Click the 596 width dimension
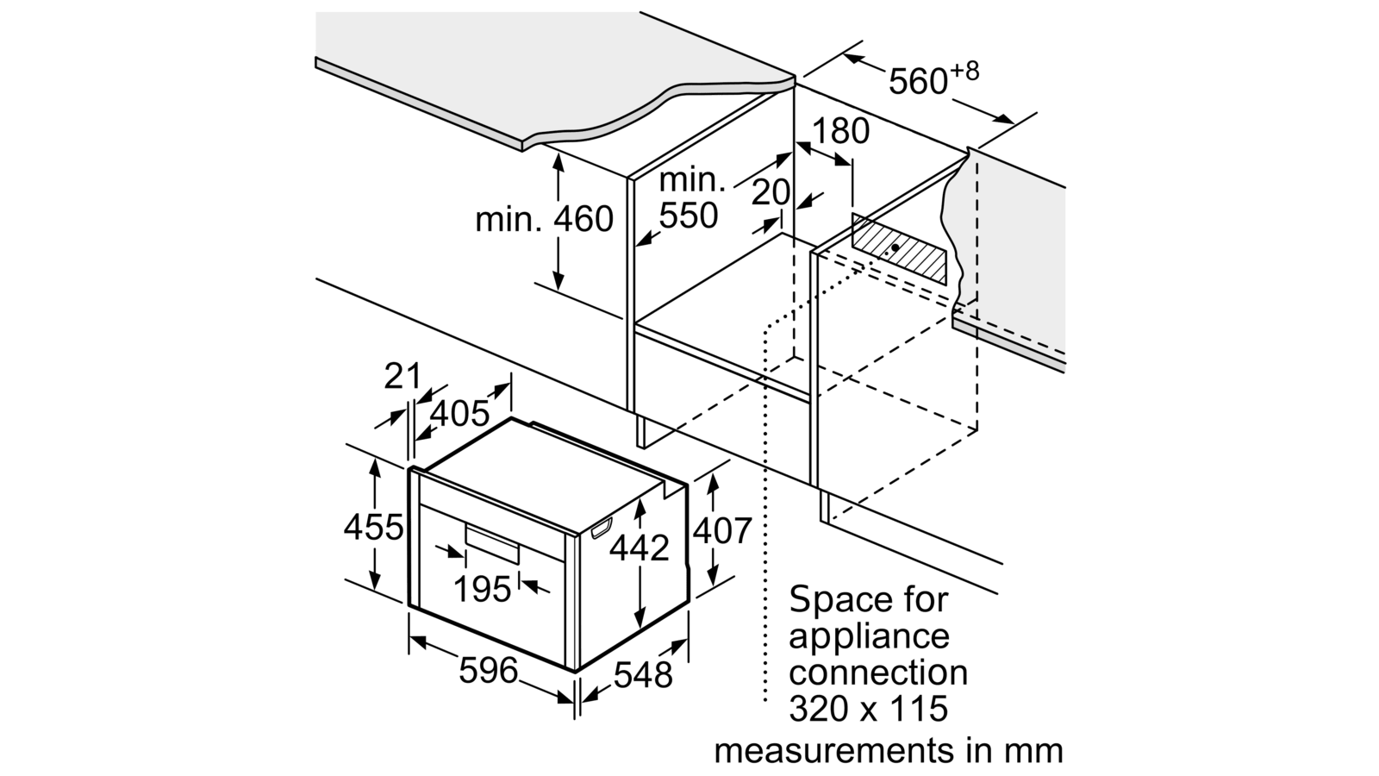click(x=488, y=670)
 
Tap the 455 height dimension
click(x=373, y=526)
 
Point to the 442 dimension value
click(x=639, y=547)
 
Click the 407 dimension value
click(x=722, y=530)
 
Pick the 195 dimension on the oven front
click(x=483, y=589)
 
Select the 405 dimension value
click(x=460, y=413)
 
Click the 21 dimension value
click(x=402, y=376)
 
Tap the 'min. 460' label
click(x=545, y=219)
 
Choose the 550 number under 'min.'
click(x=689, y=215)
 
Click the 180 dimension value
click(x=839, y=131)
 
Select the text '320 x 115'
click(x=868, y=708)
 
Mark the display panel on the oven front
click(x=493, y=541)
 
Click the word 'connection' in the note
click(x=878, y=672)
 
